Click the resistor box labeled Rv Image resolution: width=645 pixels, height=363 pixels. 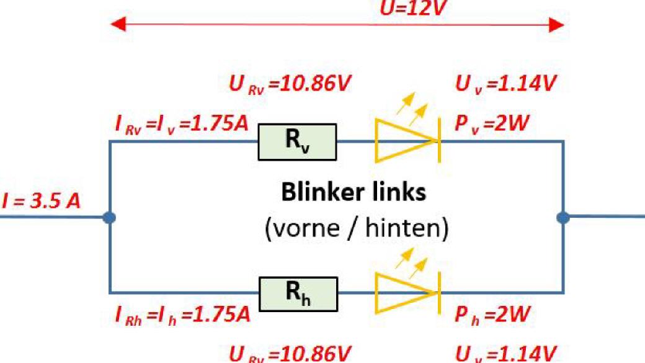coord(297,141)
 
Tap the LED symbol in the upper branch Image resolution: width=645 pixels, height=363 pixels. coord(407,141)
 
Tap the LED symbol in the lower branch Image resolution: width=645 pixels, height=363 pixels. coord(407,293)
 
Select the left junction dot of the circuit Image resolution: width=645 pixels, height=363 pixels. coord(110,217)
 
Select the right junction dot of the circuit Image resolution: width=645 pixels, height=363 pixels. coord(563,217)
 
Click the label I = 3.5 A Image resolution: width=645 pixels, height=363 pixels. coord(41,202)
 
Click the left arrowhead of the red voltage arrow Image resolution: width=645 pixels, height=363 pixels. coord(117,25)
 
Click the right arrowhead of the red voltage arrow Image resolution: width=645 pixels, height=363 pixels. coord(556,25)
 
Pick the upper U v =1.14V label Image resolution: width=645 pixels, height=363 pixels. coord(506,84)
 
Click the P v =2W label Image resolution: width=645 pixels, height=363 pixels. coord(491,123)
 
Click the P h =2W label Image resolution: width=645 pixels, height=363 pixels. coord(492,315)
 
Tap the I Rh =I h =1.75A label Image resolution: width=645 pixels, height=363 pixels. coord(182,315)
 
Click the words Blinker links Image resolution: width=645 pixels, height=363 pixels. coord(354,192)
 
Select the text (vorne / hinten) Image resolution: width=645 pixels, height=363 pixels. coord(356,230)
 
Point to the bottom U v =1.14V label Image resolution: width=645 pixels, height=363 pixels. coord(506,354)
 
